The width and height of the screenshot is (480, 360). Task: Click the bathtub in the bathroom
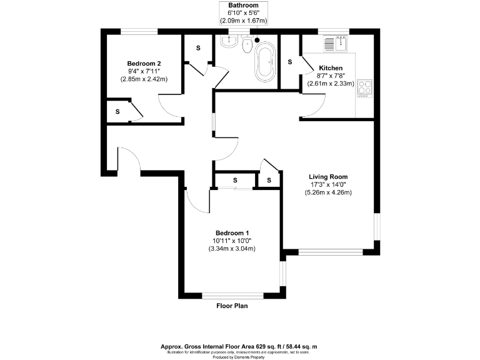(x=265, y=62)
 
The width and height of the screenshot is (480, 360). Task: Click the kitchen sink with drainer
(x=335, y=43)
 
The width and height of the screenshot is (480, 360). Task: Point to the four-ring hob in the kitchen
(x=364, y=88)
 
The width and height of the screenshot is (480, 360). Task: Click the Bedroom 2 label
(x=144, y=63)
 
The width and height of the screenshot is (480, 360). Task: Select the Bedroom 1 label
(x=232, y=232)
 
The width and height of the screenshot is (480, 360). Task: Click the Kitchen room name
(x=331, y=67)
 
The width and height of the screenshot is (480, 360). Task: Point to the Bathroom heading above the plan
(x=244, y=6)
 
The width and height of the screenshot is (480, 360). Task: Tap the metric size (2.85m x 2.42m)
(x=144, y=79)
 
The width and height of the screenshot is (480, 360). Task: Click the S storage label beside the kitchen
(x=290, y=62)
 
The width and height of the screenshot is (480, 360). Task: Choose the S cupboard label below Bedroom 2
(x=117, y=111)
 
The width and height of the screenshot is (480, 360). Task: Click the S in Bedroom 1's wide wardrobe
(x=236, y=180)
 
